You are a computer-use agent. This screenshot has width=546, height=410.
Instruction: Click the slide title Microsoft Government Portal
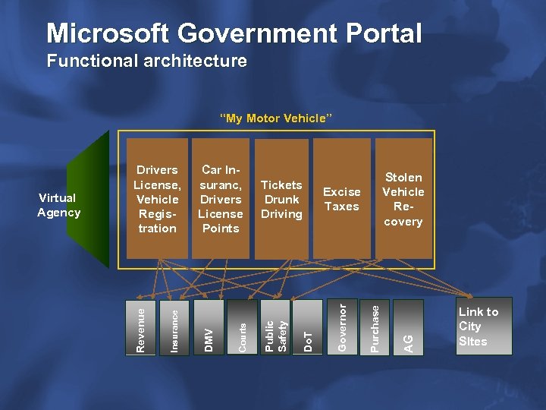[x=234, y=33]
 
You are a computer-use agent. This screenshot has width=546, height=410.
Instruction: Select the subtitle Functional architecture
[x=146, y=61]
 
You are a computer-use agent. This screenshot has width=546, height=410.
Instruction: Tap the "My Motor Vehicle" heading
[x=275, y=118]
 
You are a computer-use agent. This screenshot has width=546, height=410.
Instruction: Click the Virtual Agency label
[x=58, y=205]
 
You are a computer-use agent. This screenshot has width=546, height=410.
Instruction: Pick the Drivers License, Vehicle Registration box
[x=157, y=199]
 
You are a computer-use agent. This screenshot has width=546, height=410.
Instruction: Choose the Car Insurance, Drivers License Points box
[x=220, y=199]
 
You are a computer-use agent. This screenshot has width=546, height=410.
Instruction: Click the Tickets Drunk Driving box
[x=281, y=199]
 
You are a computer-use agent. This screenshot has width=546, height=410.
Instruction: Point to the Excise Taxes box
[x=342, y=199]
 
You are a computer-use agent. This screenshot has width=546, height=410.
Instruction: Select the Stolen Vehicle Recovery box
[x=403, y=199]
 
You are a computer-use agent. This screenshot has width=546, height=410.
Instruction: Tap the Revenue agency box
[x=140, y=327]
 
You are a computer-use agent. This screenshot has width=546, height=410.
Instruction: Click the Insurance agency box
[x=174, y=327]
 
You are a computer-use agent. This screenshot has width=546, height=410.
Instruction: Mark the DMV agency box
[x=209, y=327]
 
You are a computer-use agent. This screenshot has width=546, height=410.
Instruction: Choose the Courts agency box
[x=242, y=327]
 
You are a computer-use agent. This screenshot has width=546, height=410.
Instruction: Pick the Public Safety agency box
[x=275, y=327]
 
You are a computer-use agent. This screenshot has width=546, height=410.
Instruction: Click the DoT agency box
[x=307, y=327]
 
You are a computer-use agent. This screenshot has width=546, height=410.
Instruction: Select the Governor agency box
[x=342, y=327]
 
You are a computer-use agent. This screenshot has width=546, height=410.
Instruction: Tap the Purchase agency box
[x=375, y=327]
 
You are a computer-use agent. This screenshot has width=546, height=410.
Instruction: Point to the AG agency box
[x=408, y=327]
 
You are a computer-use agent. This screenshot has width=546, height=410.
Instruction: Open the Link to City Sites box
[x=481, y=326]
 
